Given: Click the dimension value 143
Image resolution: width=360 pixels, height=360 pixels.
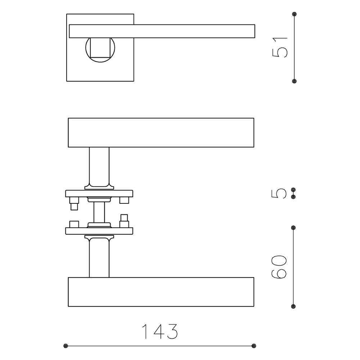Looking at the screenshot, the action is (x=160, y=331).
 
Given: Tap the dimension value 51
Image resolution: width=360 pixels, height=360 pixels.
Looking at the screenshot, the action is (x=279, y=48).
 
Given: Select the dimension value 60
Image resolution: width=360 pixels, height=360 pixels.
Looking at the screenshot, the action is (x=279, y=267).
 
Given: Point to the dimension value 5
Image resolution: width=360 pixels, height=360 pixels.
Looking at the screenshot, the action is (x=279, y=193).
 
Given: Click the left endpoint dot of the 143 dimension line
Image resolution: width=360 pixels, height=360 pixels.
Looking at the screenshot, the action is (x=66, y=346).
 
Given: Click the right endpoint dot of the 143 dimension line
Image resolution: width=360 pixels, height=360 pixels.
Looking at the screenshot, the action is (x=254, y=346).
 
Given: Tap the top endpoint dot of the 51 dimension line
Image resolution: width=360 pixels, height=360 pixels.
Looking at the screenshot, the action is (x=294, y=14).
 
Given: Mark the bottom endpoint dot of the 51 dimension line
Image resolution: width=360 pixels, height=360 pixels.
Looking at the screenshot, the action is (x=294, y=81).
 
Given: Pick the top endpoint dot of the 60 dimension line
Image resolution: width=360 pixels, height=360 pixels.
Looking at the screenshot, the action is (x=293, y=228).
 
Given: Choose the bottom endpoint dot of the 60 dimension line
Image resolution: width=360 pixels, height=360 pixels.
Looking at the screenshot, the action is (x=293, y=306).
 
